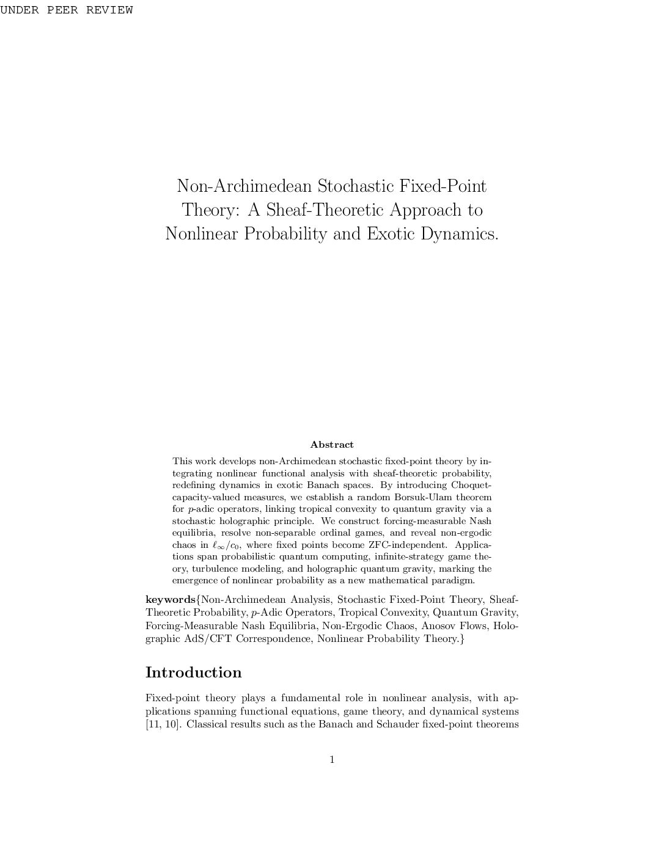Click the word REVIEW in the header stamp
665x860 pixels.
109,10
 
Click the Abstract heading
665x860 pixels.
332,445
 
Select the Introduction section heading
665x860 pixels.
193,672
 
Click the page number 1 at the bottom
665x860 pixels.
332,760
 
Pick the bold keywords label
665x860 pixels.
171,600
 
